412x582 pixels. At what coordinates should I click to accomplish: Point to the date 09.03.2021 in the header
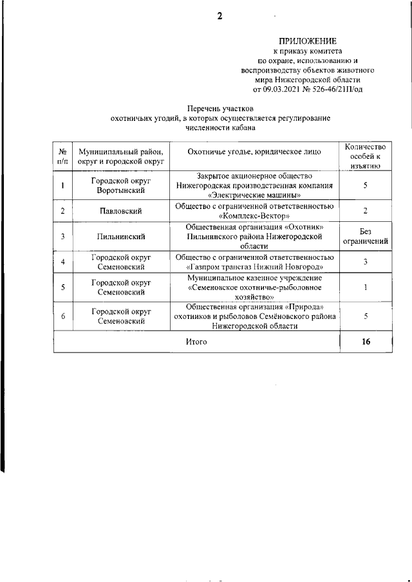[x=285, y=89]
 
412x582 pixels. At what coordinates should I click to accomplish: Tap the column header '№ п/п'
[x=62, y=156]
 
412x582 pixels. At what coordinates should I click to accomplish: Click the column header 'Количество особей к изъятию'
[x=365, y=156]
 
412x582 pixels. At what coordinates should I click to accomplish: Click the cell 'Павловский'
[x=121, y=211]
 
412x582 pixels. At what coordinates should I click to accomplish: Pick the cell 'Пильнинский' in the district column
[x=121, y=237]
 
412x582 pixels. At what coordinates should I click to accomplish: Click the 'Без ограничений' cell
[x=365, y=237]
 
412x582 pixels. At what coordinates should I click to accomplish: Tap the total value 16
[x=366, y=342]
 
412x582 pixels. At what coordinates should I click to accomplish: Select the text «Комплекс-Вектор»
[x=254, y=215]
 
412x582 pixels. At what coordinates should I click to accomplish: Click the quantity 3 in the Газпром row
[x=365, y=262]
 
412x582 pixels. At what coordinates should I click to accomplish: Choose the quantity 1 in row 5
[x=365, y=287]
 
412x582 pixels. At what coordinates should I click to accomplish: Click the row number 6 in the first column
[x=62, y=316]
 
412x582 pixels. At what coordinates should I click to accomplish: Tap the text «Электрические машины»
[x=254, y=195]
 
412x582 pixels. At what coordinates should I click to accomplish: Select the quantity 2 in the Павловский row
[x=365, y=211]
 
